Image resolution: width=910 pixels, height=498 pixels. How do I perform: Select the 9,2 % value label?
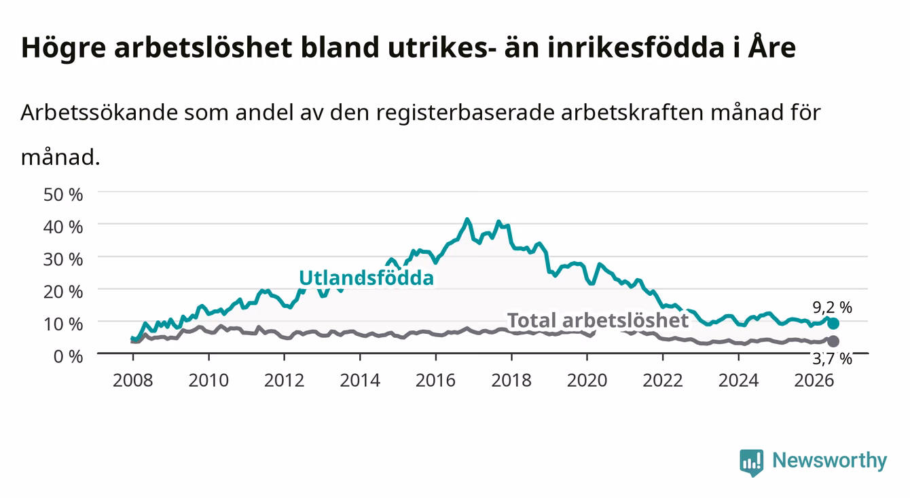(x=832, y=307)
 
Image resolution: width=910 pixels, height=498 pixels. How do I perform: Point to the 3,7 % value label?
(x=832, y=359)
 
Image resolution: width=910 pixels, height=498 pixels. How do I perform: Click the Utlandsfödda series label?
(x=367, y=278)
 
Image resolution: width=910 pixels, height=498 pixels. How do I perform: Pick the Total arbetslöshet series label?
(x=598, y=320)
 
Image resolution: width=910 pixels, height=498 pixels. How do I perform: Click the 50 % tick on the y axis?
(x=63, y=195)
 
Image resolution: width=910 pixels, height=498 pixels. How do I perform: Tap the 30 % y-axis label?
(x=63, y=259)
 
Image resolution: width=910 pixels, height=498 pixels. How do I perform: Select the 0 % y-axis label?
(x=68, y=357)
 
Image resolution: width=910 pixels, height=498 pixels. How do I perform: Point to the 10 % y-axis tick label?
(x=63, y=324)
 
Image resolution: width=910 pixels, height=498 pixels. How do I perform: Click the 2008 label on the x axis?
(x=133, y=381)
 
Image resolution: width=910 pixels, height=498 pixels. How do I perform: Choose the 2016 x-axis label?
(x=435, y=381)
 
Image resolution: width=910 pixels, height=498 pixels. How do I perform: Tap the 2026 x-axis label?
(x=814, y=381)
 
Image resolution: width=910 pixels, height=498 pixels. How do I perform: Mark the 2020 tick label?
(x=587, y=381)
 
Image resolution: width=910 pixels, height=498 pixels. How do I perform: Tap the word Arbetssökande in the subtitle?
(x=99, y=113)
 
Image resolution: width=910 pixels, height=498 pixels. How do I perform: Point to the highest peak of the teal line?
(x=467, y=220)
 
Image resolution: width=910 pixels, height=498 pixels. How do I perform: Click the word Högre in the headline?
(x=63, y=48)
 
